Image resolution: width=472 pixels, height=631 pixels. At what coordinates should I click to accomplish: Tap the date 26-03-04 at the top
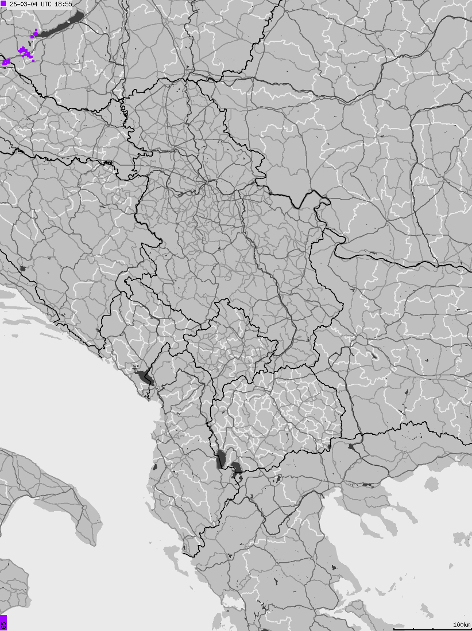[24, 4]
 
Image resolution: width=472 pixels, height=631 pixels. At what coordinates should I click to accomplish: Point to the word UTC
[46, 4]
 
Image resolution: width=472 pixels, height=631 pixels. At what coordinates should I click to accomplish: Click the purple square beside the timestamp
[3, 3]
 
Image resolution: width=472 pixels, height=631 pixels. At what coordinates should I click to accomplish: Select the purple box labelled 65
[3, 622]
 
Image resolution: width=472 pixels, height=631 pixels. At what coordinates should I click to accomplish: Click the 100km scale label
[462, 624]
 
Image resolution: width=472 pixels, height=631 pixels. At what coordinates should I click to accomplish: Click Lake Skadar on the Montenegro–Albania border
[143, 377]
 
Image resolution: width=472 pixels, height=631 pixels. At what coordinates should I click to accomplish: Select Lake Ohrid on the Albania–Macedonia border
[220, 459]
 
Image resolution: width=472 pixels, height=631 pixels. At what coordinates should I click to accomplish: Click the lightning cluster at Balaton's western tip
[35, 34]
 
